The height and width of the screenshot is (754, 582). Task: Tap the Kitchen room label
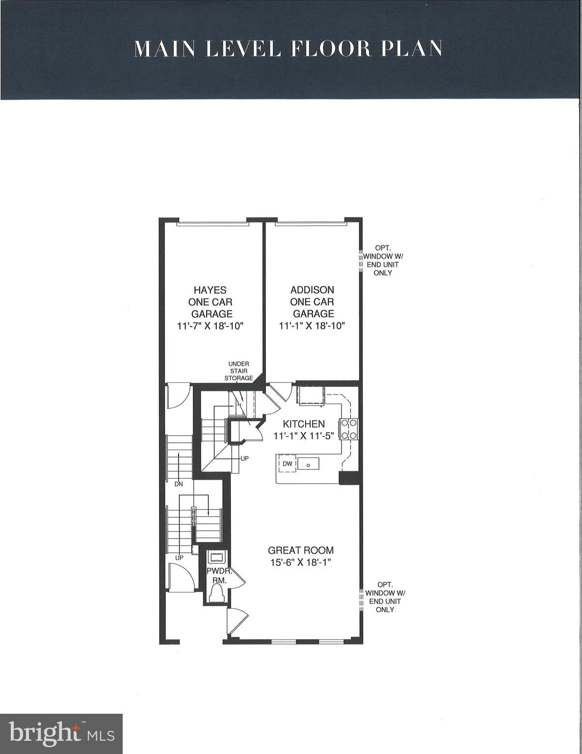[x=304, y=424]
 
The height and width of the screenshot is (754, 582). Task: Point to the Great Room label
[x=301, y=550]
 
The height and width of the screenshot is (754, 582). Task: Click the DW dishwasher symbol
[x=288, y=464]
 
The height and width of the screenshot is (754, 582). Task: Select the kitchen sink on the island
[x=308, y=464]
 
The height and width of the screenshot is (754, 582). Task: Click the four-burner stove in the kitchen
[x=349, y=429]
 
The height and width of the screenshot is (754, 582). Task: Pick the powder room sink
[x=216, y=557]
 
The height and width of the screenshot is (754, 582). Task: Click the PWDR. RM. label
[x=219, y=575]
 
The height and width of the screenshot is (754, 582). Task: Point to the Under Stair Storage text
[x=238, y=371]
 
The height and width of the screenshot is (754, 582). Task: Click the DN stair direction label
[x=179, y=484]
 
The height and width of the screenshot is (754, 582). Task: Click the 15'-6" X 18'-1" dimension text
[x=301, y=563]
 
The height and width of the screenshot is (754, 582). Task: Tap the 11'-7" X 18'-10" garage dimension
[x=211, y=326]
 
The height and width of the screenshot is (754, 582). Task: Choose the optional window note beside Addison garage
[x=383, y=260]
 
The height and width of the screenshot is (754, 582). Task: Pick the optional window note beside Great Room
[x=385, y=597]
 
